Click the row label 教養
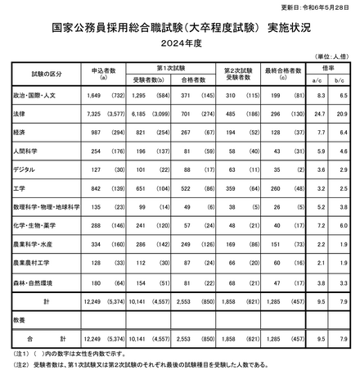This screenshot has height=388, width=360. [x=16, y=318]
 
